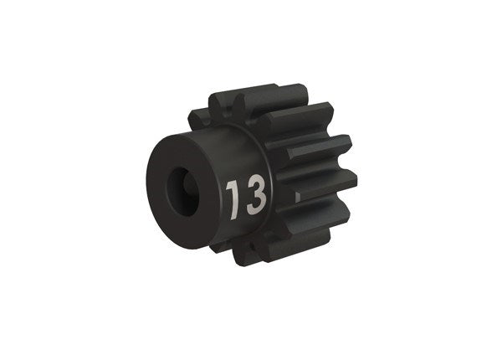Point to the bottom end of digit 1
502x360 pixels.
[236, 210]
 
